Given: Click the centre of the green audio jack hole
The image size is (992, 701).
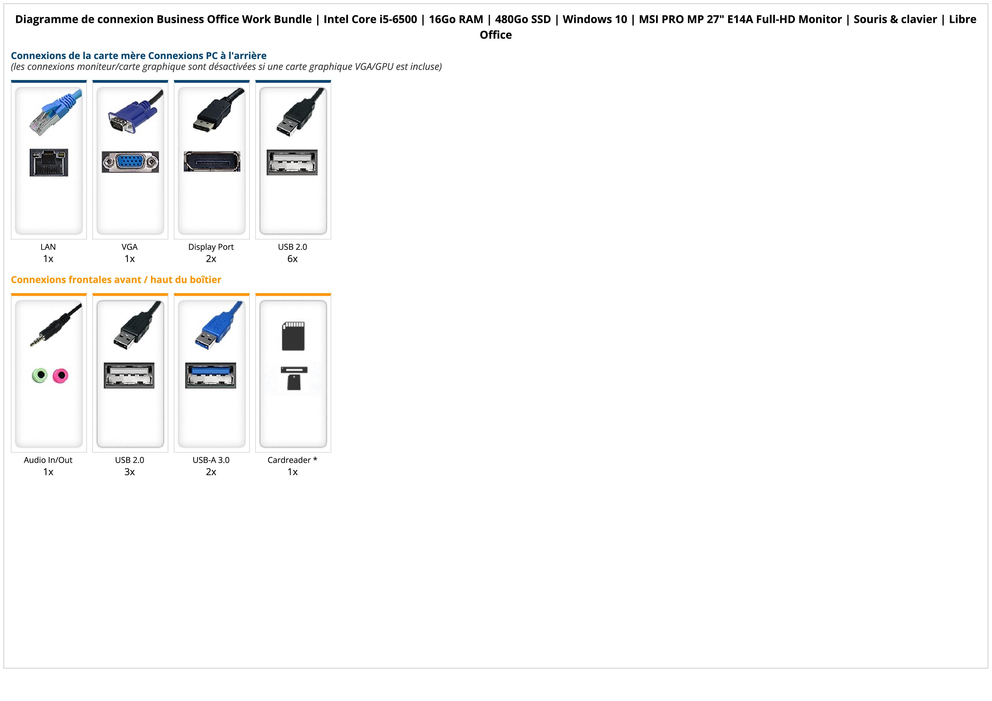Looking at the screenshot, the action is click(x=40, y=375).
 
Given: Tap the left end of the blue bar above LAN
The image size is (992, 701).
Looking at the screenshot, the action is click(x=11, y=81).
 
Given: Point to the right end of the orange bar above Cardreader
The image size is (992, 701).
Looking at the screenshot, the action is click(x=331, y=295).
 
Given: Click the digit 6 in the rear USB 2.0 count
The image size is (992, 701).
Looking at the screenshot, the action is click(x=290, y=259).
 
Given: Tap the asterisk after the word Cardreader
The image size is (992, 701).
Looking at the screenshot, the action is click(x=315, y=459).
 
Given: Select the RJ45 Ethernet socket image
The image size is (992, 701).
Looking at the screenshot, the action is click(x=49, y=162).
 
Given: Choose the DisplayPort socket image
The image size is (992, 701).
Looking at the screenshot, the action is click(x=212, y=161).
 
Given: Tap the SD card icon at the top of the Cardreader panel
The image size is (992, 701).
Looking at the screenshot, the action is click(x=293, y=336).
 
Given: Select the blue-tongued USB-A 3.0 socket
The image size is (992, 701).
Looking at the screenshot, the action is click(x=211, y=375).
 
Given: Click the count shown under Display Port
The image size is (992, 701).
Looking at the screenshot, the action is click(x=211, y=259).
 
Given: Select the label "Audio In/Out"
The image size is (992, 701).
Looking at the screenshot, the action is click(x=48, y=460).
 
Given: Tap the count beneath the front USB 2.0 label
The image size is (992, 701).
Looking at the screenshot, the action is click(x=130, y=472).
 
